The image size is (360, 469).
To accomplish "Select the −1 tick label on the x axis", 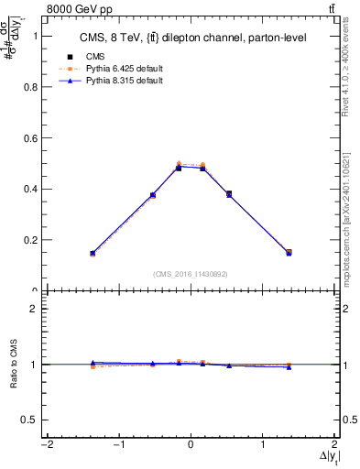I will coord(117,445).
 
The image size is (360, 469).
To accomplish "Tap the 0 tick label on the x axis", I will coord(191,445).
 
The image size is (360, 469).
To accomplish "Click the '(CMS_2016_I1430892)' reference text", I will coord(191,274).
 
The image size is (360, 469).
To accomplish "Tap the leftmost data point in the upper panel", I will coord(93,253).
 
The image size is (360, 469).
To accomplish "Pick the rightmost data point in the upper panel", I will coord(289,252).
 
